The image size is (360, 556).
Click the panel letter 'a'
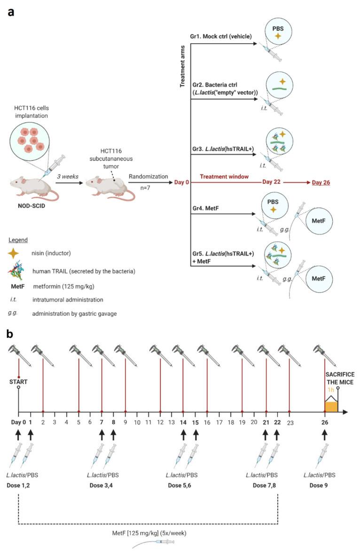pos(11,11)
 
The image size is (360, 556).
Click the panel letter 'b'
pos(11,334)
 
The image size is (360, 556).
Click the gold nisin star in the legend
pos(14,253)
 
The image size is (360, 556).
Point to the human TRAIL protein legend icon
pos(16,270)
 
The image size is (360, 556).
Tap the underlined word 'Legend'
pos(18,239)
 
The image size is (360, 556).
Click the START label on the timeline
pos(18,382)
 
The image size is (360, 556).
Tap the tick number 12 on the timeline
pos(160,423)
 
